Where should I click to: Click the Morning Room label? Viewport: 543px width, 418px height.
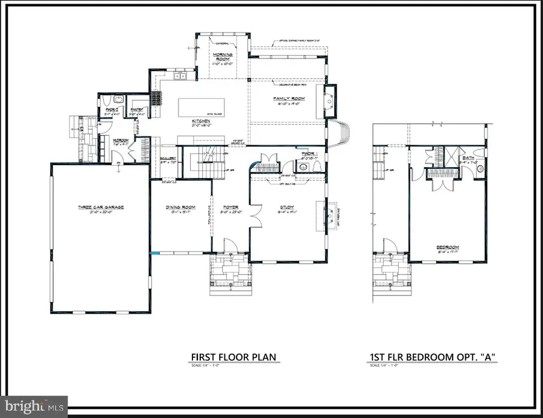(223, 56)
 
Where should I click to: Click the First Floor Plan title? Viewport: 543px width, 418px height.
(233, 357)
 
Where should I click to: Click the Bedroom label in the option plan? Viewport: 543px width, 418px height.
(448, 247)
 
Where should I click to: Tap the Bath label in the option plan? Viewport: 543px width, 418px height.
(469, 157)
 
